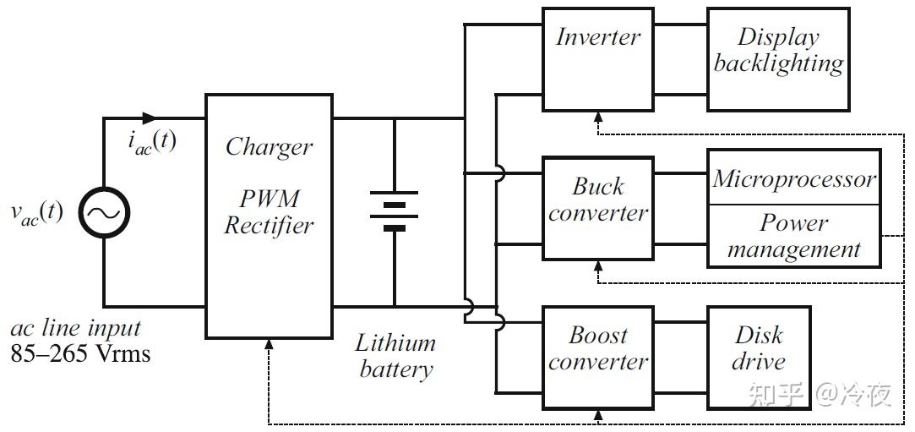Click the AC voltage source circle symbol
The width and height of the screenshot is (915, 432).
105,212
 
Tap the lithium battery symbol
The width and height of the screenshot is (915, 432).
394,211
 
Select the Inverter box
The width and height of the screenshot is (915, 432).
597,59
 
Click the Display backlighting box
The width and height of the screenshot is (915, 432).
777,59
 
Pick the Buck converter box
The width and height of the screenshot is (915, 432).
597,207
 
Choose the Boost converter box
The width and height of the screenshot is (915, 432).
597,357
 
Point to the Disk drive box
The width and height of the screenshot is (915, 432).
758,357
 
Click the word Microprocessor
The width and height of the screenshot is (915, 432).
793,179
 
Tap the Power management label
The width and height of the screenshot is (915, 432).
793,236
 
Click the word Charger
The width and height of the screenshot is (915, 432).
269,146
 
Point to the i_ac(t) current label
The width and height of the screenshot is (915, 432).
152,141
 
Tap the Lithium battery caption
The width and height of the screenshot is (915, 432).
395,356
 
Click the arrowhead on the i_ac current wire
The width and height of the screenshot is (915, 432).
150,118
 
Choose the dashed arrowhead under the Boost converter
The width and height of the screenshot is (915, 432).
597,414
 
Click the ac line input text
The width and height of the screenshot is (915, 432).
75,329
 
